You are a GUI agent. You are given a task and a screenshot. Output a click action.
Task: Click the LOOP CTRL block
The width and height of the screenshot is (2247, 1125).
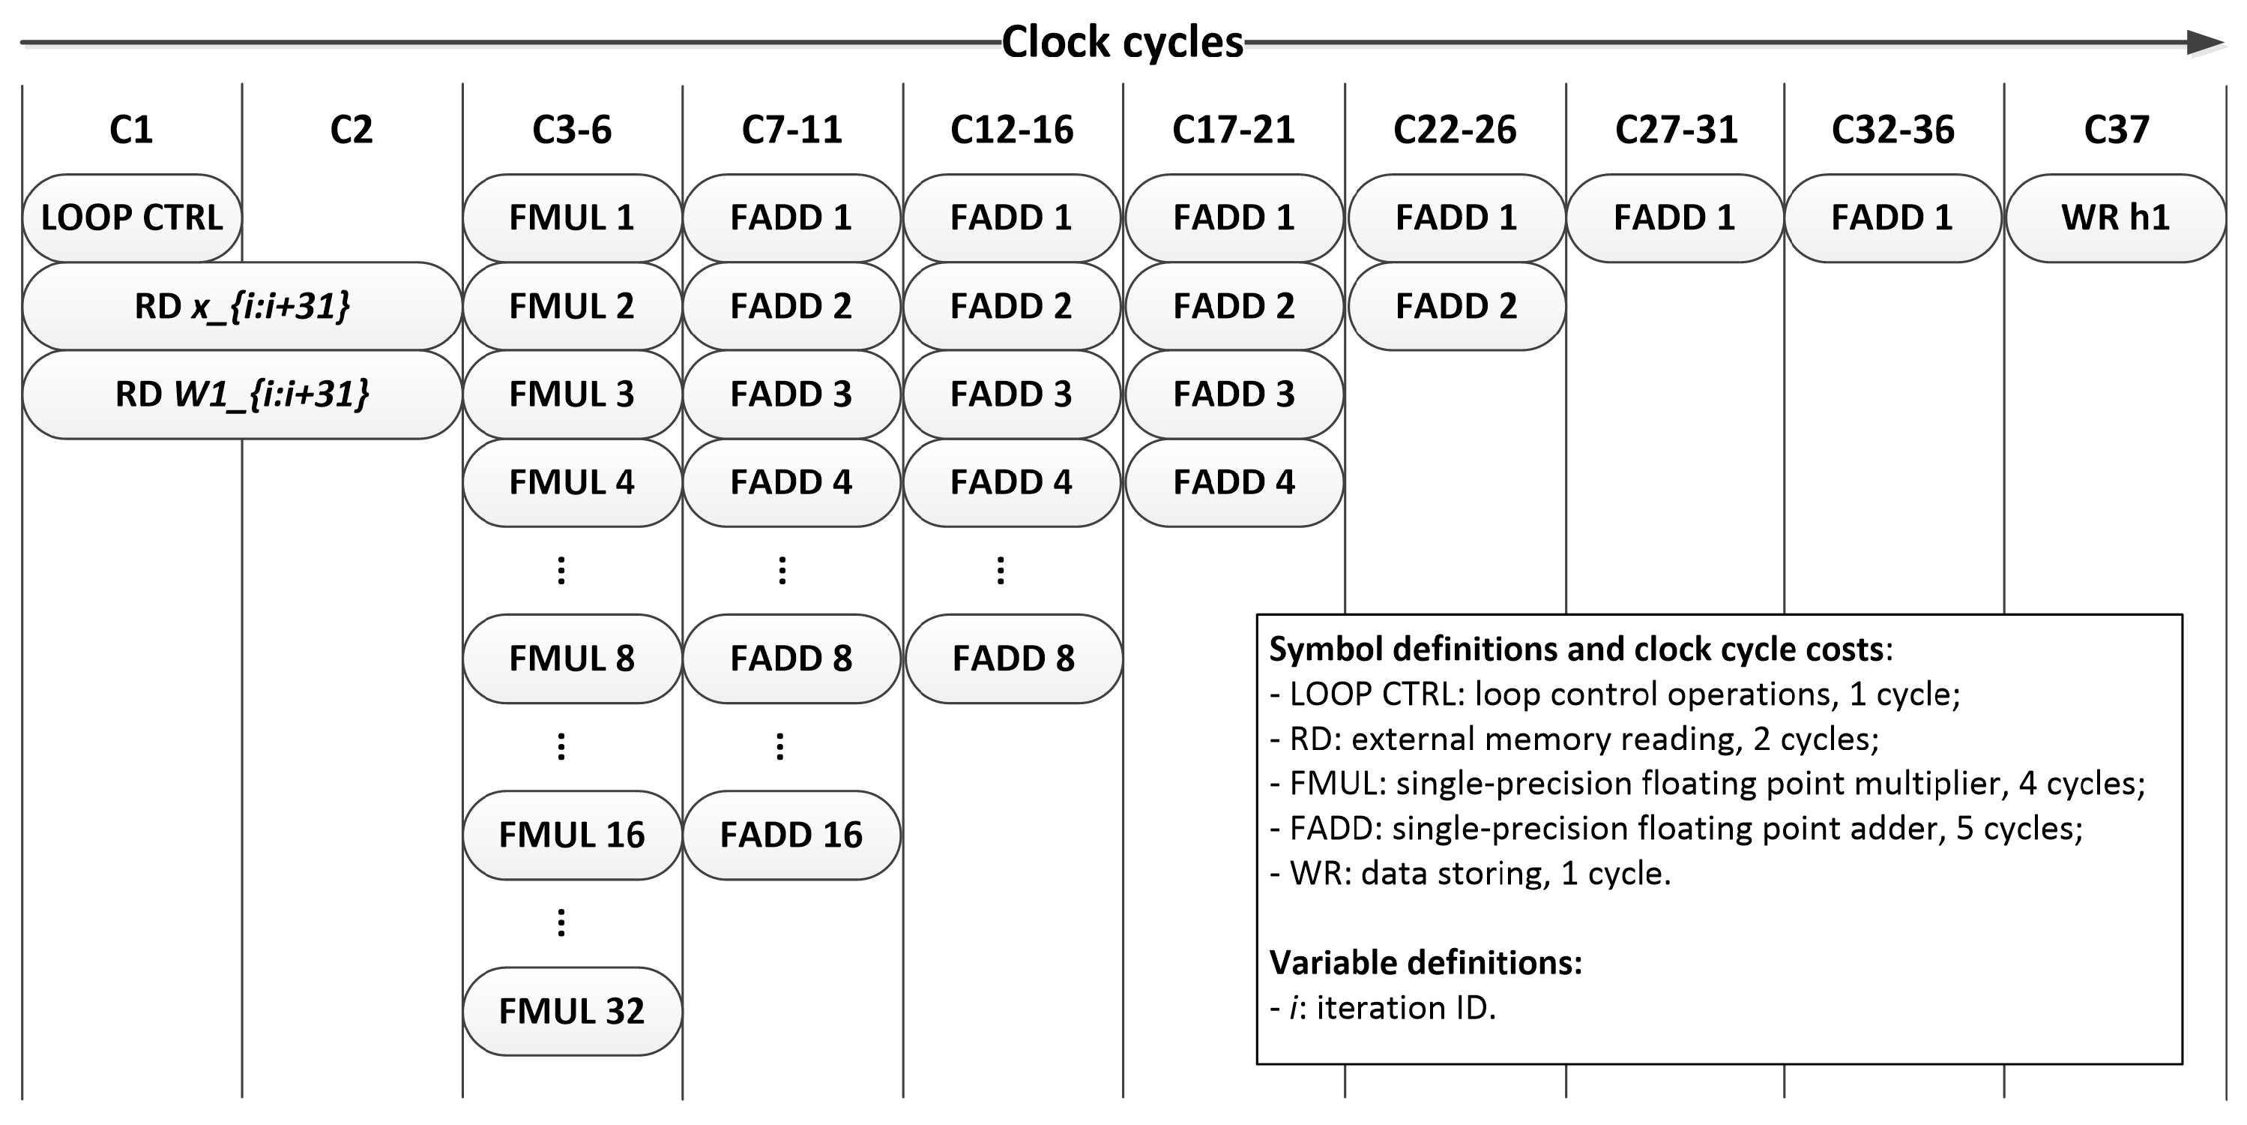coord(132,218)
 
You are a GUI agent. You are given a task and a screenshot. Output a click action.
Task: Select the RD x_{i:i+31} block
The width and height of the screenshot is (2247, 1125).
coord(241,306)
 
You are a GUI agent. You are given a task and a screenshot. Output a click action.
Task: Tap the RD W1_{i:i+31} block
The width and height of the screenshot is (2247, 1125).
coord(241,394)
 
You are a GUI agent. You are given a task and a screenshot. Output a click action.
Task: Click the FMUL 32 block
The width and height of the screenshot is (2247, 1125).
coord(571,1012)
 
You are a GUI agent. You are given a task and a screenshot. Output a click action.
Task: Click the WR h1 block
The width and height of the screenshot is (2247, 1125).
coord(2115,218)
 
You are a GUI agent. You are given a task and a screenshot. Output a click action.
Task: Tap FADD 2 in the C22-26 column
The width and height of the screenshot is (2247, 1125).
coord(1456,306)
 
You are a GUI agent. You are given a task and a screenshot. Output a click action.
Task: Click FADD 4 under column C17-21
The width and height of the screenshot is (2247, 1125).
coord(1234,483)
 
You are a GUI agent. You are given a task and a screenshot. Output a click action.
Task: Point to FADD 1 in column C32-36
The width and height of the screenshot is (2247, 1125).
coord(1892,218)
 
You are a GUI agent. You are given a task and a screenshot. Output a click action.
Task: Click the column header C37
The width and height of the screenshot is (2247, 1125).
coord(2115,130)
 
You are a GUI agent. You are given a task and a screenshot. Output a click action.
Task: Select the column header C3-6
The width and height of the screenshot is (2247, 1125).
coord(571,130)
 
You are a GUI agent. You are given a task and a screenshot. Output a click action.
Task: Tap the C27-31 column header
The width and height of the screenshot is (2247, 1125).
coord(1676,130)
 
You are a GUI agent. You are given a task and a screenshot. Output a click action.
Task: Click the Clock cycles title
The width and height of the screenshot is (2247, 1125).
coord(1122,42)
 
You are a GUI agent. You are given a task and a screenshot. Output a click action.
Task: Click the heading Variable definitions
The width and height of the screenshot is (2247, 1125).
coord(1426,963)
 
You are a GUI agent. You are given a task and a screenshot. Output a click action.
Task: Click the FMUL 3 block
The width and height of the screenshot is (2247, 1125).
coord(571,394)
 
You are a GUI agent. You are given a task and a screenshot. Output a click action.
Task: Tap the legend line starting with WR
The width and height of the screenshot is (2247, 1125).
coord(1470,874)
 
